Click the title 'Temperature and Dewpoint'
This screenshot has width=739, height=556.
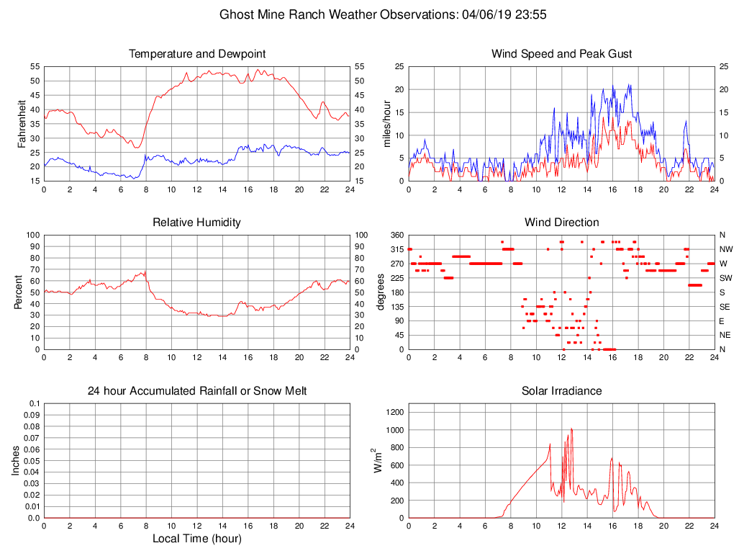(197, 54)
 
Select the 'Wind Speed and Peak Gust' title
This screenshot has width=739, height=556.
(561, 54)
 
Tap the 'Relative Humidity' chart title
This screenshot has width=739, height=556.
(196, 223)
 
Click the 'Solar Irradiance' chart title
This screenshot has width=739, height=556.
(561, 391)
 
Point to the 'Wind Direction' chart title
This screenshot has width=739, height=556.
(561, 223)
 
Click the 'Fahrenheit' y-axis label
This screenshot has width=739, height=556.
(22, 123)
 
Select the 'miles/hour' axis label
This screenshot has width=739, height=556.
(388, 123)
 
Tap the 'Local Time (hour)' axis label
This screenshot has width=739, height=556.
(196, 539)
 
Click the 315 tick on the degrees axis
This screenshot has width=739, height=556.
(396, 249)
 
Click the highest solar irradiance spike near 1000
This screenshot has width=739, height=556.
(571, 429)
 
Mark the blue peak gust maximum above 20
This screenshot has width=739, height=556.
(630, 84)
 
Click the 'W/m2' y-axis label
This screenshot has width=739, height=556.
(377, 460)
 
